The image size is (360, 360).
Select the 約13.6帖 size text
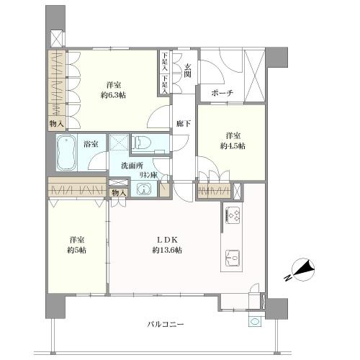click(x=166, y=250)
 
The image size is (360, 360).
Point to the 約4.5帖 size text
click(x=232, y=145)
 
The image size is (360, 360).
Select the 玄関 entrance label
click(x=186, y=71)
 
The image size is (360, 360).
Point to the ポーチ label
click(x=221, y=94)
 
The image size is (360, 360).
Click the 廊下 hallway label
click(x=183, y=124)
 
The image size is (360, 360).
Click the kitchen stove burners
click(x=235, y=213)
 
